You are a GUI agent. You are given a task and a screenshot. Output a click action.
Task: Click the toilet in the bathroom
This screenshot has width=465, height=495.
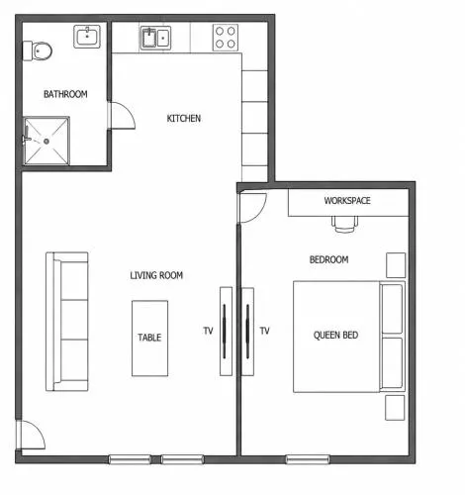coord(38,51)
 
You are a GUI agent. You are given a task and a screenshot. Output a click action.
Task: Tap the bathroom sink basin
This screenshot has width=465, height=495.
coord(87,37)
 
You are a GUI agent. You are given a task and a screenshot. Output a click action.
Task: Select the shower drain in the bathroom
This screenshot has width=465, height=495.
coord(46,142)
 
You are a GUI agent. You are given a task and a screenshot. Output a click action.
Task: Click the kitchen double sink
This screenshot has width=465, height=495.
coord(156,38)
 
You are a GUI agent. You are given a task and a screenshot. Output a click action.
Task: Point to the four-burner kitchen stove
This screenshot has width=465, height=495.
coord(226,38)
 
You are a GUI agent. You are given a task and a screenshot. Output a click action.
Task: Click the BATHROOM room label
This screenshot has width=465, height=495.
coord(65,94)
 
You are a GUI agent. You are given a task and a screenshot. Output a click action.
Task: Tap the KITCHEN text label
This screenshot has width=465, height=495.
coord(184,118)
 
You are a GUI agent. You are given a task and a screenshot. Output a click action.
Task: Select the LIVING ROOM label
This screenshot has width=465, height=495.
coord(156,275)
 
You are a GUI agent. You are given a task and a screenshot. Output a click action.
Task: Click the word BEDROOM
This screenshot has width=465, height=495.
coord(328,259)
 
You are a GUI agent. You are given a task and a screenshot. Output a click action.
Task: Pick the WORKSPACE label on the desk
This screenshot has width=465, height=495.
coord(347,200)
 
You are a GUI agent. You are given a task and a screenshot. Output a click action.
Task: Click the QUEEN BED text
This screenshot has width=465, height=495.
coord(335,335)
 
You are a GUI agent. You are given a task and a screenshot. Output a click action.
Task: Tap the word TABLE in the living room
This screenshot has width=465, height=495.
coord(149,338)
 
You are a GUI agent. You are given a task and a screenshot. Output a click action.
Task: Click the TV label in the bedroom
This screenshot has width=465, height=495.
coord(265,331)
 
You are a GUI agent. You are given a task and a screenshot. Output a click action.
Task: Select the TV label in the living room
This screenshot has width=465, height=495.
coord(208,331)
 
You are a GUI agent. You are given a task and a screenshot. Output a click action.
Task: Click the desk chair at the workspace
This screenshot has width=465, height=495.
coord(344,224)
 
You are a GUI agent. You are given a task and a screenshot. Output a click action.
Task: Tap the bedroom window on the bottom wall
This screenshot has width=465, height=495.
coord(308,459)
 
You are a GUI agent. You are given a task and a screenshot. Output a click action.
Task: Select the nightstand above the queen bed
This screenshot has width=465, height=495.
coord(396,265)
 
